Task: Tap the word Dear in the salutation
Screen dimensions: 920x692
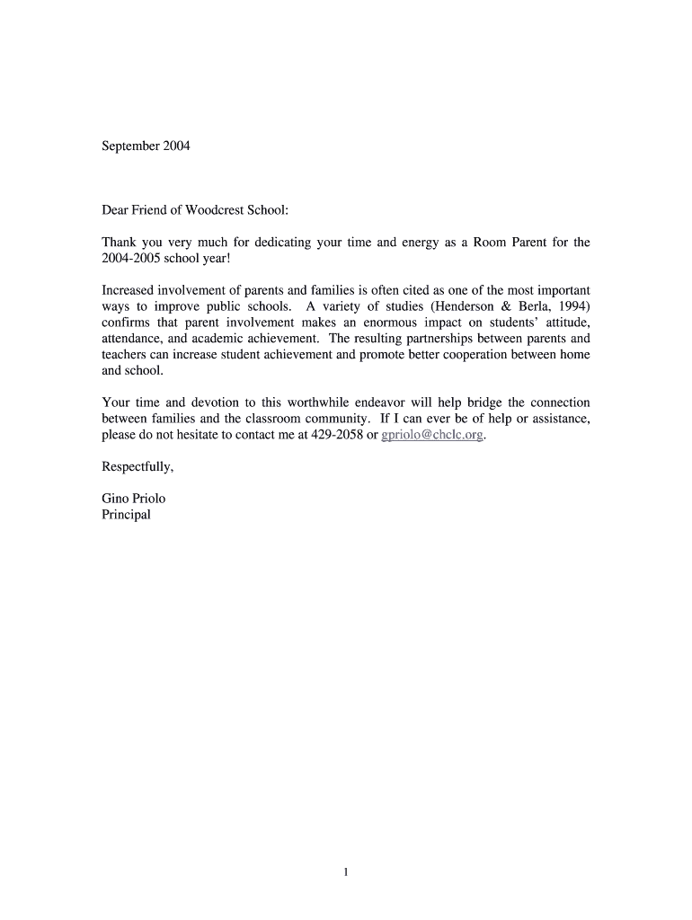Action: pos(117,210)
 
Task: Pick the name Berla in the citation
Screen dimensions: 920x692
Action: pos(529,306)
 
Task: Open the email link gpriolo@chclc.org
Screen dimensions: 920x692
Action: pos(432,435)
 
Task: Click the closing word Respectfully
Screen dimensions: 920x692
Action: pos(137,467)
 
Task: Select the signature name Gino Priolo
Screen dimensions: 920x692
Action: pos(134,499)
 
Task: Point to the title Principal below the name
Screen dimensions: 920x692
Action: pos(127,515)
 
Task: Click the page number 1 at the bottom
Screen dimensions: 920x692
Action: pos(346,871)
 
